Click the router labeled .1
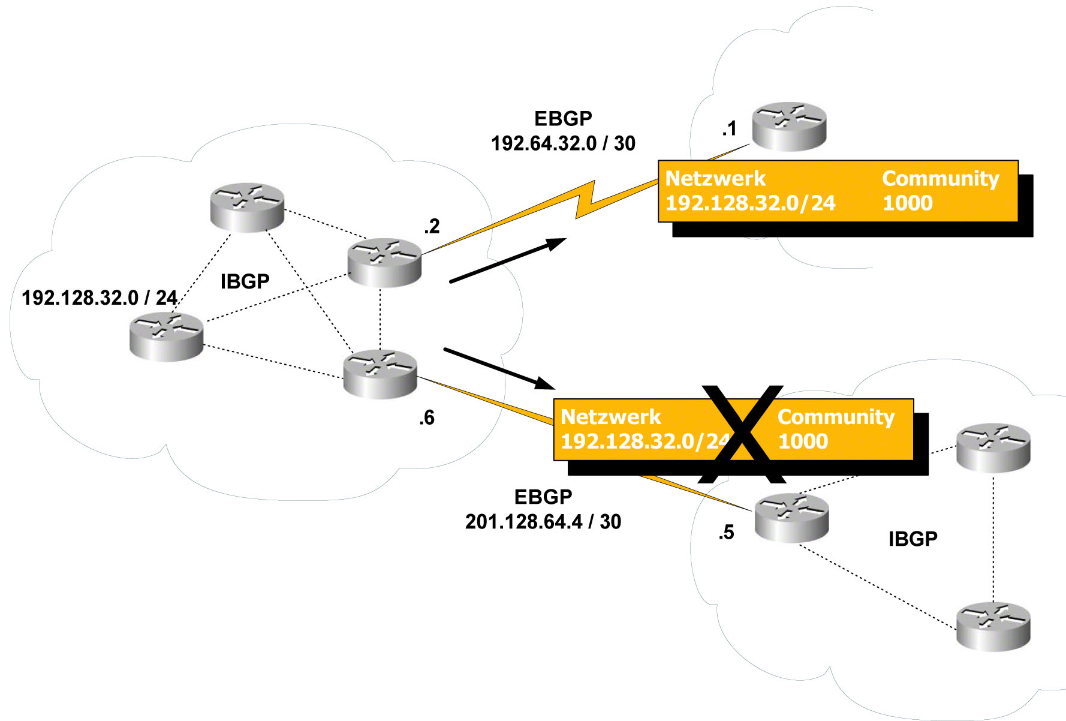point(789,126)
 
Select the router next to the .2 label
point(384,262)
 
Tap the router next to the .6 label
point(380,374)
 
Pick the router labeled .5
point(791,518)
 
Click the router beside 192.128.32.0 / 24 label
point(166,336)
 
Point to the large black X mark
point(742,434)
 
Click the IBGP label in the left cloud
point(245,281)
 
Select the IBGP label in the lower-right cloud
point(913,539)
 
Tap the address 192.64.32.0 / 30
point(563,143)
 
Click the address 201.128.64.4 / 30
point(543,521)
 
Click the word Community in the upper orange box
point(940,178)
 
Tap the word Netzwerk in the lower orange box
point(610,416)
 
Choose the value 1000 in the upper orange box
point(907,203)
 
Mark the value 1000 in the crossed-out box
point(803,441)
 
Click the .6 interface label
point(426,417)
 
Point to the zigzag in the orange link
point(585,199)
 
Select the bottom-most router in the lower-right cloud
point(993,626)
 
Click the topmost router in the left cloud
point(247,207)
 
